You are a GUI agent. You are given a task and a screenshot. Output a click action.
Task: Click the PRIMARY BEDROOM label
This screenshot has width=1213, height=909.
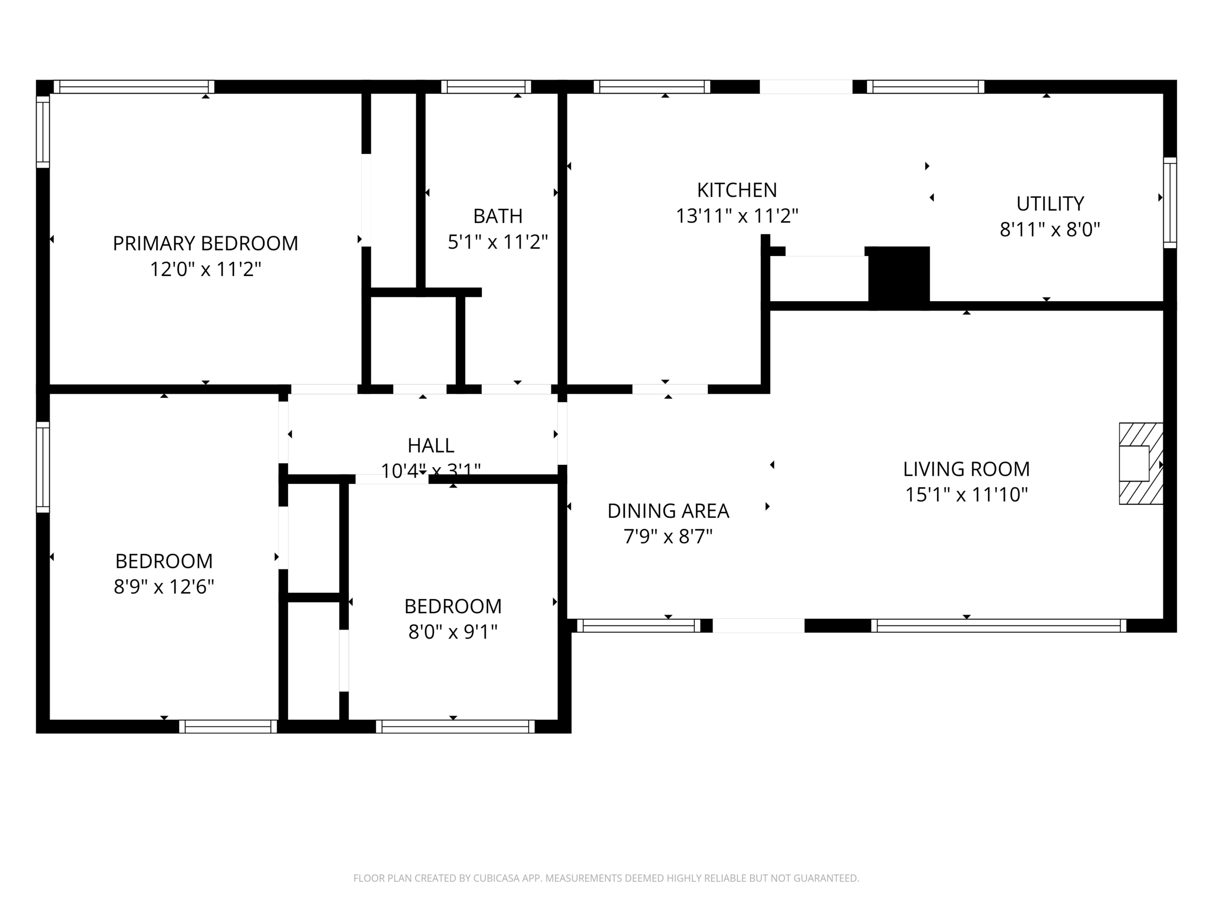pos(205,243)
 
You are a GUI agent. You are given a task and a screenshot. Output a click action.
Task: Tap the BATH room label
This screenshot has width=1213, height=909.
pos(498,216)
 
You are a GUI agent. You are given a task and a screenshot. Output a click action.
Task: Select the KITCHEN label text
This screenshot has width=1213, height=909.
pos(736,190)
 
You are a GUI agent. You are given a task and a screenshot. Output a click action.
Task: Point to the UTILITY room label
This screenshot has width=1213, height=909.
pos(1050,204)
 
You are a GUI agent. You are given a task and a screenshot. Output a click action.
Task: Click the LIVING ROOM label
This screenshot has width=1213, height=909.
pos(966,469)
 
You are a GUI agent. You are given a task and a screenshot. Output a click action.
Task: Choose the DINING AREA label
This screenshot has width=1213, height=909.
pos(668,511)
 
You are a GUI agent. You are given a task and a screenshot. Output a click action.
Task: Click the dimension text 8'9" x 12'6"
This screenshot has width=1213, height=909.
pos(163,587)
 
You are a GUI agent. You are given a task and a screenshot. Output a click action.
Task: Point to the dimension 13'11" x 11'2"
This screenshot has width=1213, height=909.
pos(736,216)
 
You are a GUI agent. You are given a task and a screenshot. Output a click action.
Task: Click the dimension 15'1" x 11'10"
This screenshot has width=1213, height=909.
pos(966,495)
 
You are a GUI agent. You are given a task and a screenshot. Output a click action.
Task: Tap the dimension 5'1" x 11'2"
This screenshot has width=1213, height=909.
pos(498,241)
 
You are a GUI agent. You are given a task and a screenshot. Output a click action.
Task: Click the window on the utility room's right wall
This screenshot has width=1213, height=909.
pos(1170,203)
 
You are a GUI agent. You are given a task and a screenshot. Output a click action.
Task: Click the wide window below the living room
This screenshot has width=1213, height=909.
pos(998,626)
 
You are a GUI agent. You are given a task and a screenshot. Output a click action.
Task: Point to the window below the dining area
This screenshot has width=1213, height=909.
pos(638,626)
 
